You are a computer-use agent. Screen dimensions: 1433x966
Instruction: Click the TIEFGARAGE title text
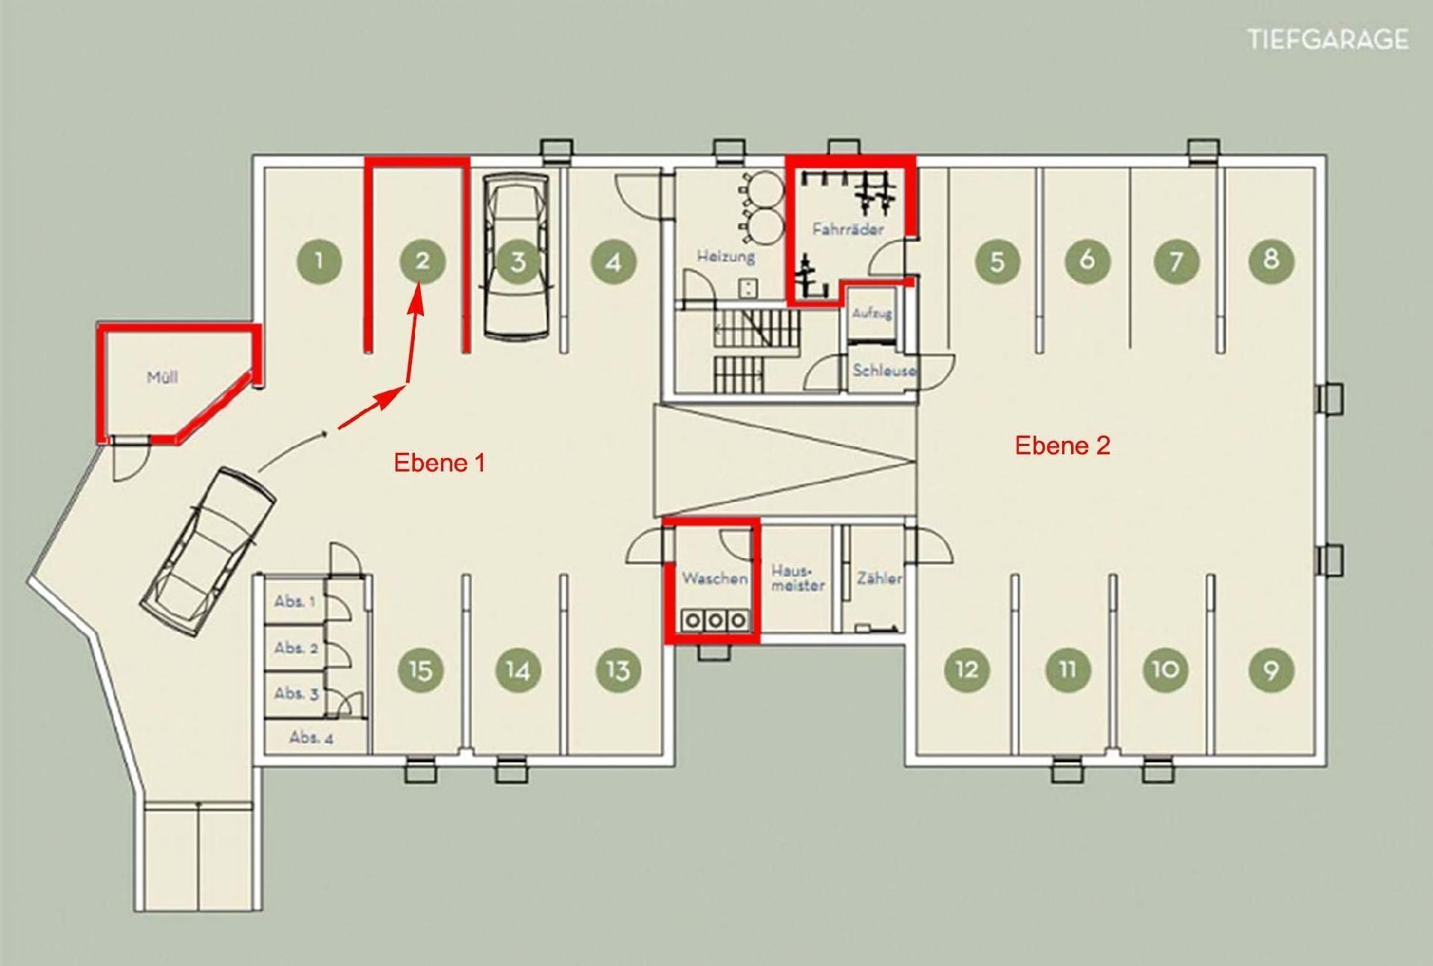click(1329, 40)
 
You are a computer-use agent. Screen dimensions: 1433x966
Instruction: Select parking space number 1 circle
click(319, 260)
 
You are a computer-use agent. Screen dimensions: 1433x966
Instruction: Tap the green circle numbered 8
click(1270, 260)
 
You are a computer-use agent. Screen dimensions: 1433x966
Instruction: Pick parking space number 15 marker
click(421, 669)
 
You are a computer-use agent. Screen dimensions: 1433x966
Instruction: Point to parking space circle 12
click(967, 668)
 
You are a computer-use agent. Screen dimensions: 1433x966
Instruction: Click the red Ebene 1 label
click(440, 462)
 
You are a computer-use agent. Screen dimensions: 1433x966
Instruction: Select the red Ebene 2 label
click(1063, 445)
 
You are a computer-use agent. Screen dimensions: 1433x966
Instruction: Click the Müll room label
click(162, 377)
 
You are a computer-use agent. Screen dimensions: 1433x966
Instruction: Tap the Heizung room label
click(726, 257)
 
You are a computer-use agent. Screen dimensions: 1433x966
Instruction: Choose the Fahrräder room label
click(848, 229)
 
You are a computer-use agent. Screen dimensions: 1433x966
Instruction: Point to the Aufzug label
click(872, 313)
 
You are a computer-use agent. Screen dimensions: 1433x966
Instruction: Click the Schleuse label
click(884, 370)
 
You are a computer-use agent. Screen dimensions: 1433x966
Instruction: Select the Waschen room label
click(714, 578)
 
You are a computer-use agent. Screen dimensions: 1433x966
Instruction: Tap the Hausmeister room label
click(798, 578)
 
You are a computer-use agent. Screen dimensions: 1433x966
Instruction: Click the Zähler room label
click(879, 578)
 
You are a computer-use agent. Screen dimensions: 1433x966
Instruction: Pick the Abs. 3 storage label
click(296, 694)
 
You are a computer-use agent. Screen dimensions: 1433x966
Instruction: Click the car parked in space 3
click(518, 257)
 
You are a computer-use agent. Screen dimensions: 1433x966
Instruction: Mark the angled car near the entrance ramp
click(209, 551)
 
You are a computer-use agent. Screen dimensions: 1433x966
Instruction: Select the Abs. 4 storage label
click(311, 738)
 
